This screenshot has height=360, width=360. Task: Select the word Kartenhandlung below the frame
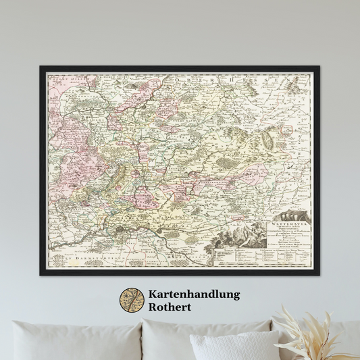[x=193, y=294]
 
